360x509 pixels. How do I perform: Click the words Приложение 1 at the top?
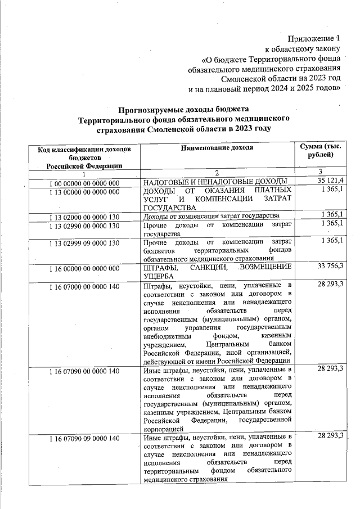pyautogui.click(x=314, y=39)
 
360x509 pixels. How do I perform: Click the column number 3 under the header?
pyautogui.click(x=319, y=172)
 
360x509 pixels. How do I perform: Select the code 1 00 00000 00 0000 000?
pyautogui.click(x=84, y=183)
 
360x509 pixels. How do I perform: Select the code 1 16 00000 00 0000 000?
pyautogui.click(x=84, y=268)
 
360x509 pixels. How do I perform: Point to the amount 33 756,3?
pyautogui.click(x=330, y=266)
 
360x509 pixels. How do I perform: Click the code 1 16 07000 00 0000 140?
pyautogui.click(x=84, y=287)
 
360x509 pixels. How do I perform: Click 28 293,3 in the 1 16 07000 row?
pyautogui.click(x=330, y=286)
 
